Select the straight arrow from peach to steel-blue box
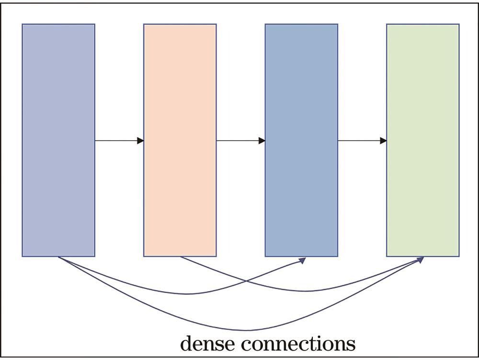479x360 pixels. pos(238,141)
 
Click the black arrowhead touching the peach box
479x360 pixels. pos(140,141)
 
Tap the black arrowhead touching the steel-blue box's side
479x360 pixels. pos(262,141)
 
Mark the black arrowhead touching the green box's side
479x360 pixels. pos(383,141)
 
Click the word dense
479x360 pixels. pos(208,343)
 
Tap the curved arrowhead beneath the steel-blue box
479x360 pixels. pos(303,260)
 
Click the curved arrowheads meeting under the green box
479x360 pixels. pos(420,259)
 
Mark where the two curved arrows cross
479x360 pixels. pos(246,281)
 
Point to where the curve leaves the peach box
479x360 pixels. pos(181,258)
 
